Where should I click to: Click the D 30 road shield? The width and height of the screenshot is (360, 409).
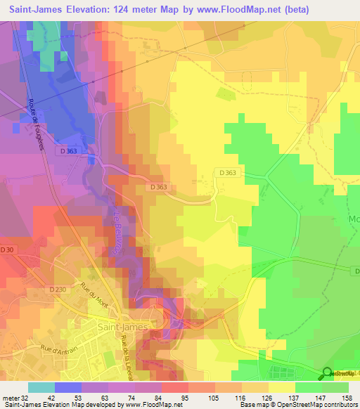[x=7, y=249]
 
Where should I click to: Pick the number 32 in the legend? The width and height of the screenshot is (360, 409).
[x=25, y=398]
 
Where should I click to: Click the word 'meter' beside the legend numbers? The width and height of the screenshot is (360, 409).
[x=10, y=398]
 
